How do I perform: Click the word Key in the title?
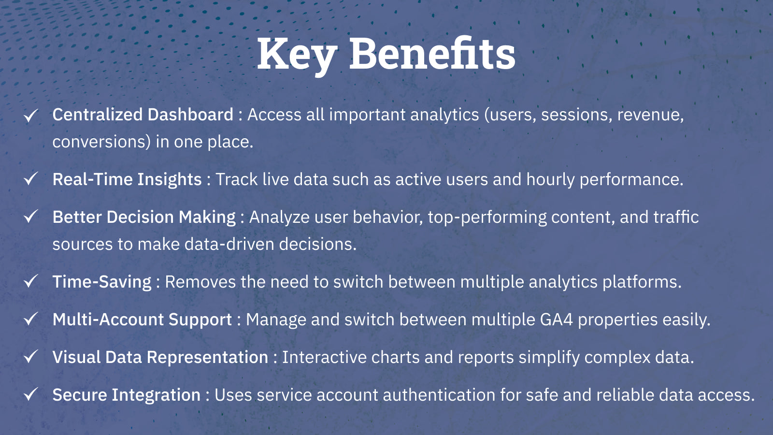pyautogui.click(x=297, y=55)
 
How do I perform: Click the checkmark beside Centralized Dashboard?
pyautogui.click(x=31, y=116)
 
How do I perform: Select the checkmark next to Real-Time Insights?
pyautogui.click(x=31, y=178)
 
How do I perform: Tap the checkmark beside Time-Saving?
pyautogui.click(x=31, y=281)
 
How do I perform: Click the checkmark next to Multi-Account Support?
pyautogui.click(x=31, y=319)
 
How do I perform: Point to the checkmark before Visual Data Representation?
pyautogui.click(x=31, y=356)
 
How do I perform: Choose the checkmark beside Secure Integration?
pyautogui.click(x=31, y=394)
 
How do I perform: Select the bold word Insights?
pyautogui.click(x=170, y=179)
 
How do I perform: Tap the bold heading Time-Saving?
pyautogui.click(x=102, y=282)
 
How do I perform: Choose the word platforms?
pyautogui.click(x=642, y=282)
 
